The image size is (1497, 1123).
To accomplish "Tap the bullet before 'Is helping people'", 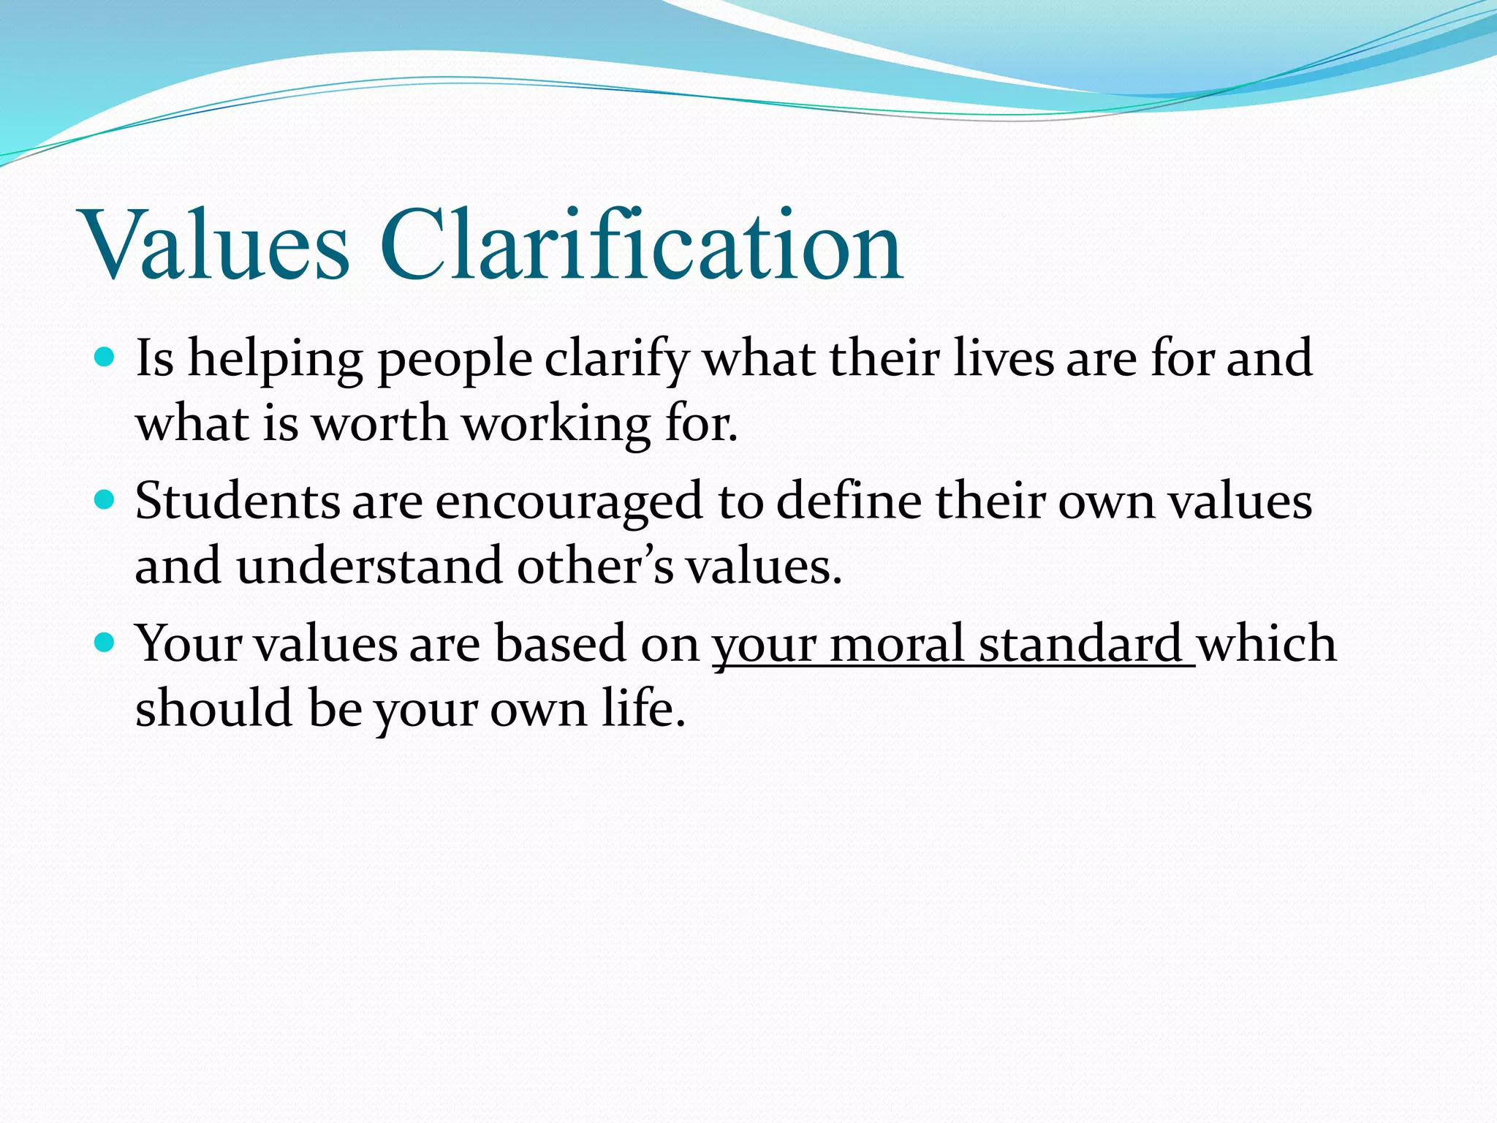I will (105, 358).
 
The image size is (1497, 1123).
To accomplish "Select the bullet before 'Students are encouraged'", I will (105, 500).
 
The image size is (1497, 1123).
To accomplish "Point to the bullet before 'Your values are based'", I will (105, 643).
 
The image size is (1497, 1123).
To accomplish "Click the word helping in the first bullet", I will (276, 360).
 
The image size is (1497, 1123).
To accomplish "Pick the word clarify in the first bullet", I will (616, 360).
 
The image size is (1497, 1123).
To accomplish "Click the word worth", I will (379, 424).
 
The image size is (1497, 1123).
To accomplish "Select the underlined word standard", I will (1080, 645).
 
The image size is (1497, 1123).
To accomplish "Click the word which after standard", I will (1267, 645).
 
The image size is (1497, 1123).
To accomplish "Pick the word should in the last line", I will (213, 708).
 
